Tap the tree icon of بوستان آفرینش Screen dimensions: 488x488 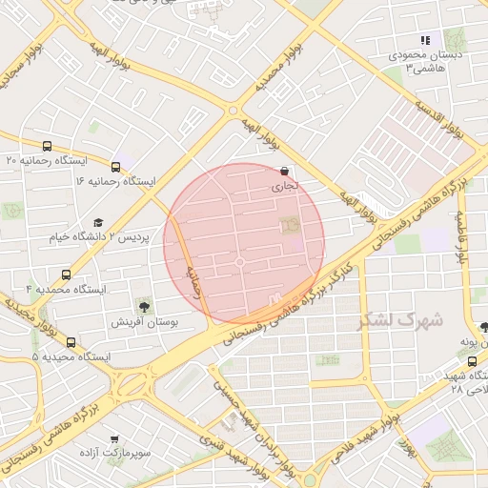click(144, 307)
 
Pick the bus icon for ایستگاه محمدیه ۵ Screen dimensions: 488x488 click(71, 342)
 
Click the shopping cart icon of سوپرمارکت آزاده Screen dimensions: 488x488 click(114, 439)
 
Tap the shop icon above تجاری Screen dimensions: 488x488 click(286, 172)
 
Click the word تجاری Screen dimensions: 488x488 click(286, 188)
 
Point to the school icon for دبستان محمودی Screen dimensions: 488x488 click(426, 40)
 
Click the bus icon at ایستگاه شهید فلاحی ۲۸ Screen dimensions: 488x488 click(474, 360)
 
